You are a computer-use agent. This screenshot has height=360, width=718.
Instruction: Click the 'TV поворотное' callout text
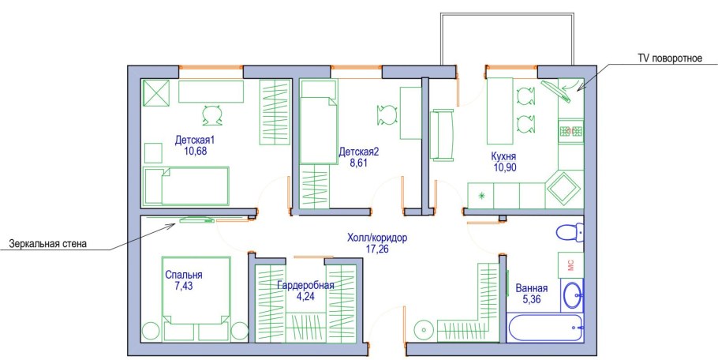tap(670, 58)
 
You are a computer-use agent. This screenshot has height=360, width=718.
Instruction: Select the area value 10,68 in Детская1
tap(196, 151)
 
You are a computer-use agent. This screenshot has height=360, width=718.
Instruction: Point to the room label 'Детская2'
tap(359, 152)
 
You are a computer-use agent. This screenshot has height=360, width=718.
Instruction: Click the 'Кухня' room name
tap(503, 156)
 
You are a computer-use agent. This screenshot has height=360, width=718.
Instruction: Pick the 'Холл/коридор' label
tap(377, 238)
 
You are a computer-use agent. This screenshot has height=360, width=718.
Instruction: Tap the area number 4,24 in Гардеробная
tap(305, 296)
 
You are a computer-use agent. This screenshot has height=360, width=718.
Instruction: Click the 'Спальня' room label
tap(184, 276)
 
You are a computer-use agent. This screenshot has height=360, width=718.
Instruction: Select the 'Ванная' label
tap(532, 288)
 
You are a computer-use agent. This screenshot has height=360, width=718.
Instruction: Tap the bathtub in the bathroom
tap(545, 328)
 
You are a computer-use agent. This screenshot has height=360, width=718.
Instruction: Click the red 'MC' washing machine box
tap(570, 265)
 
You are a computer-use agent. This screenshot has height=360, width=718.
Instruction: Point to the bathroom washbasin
tap(572, 295)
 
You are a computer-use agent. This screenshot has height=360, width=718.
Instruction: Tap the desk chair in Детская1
tap(212, 115)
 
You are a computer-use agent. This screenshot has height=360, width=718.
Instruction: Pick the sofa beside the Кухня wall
tap(442, 135)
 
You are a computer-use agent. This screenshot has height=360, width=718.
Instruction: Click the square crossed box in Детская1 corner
tap(156, 93)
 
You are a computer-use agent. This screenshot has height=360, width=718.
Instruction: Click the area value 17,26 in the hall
tap(377, 249)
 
